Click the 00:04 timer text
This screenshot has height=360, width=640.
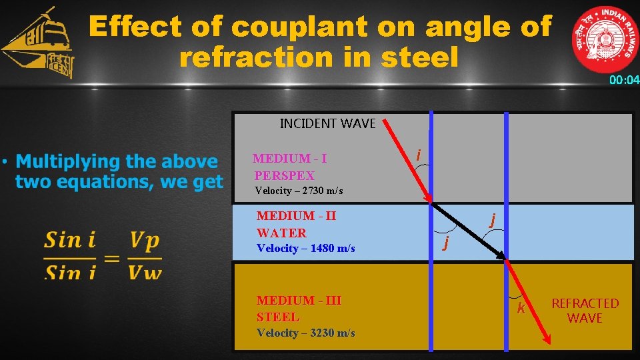point(623,81)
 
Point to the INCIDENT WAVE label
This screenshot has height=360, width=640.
point(327,123)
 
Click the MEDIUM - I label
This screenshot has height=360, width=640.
point(289,159)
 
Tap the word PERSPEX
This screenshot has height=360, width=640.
point(284,175)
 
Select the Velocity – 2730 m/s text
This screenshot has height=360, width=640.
point(299,191)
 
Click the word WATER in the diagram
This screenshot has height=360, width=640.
point(281,233)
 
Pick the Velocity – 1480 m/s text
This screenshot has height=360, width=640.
point(305,248)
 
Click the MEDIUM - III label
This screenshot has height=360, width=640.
point(299,301)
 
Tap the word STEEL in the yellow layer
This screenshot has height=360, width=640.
point(278,317)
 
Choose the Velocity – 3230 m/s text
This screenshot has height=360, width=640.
point(305,333)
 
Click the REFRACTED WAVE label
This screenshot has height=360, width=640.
point(585,311)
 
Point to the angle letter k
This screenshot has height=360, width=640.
point(521,308)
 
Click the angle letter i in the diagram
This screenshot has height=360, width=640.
point(418,155)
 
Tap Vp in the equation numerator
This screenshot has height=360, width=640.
point(145,240)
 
